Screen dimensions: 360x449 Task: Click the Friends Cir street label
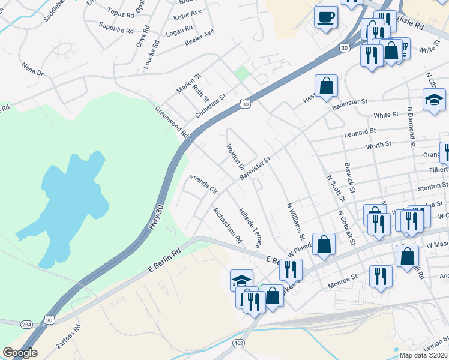tap(203, 184)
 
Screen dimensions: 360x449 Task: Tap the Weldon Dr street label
tap(235, 155)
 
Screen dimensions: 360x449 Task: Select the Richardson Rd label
tap(227, 225)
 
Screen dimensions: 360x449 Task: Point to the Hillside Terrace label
tap(250, 229)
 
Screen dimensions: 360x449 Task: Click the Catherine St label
tap(210, 106)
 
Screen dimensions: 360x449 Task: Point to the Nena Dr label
tap(32, 68)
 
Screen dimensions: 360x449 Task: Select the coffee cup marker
tap(326, 17)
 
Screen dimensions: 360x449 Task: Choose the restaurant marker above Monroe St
tap(381, 276)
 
